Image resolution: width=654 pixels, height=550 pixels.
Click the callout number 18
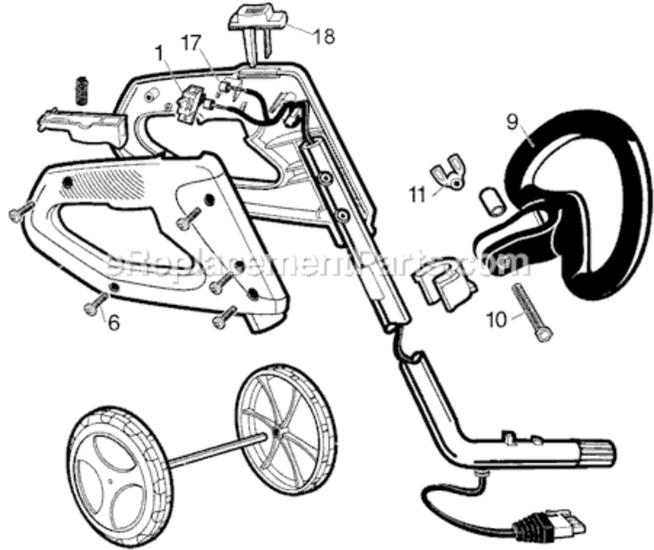[324, 36]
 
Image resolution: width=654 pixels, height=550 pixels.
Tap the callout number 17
[192, 43]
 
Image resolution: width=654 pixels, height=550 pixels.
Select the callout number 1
[159, 53]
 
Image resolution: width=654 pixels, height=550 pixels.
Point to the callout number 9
[512, 122]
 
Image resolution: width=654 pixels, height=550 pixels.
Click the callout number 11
[418, 194]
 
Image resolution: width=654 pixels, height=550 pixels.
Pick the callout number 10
[496, 320]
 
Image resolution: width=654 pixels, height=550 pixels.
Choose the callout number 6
[114, 322]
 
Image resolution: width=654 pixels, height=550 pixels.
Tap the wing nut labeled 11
[447, 177]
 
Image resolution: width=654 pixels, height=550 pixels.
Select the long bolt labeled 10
[532, 312]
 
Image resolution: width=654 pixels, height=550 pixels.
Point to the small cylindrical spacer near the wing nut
[493, 202]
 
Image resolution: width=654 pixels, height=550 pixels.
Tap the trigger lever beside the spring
[81, 128]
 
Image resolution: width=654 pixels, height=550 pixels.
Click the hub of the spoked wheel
[276, 433]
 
